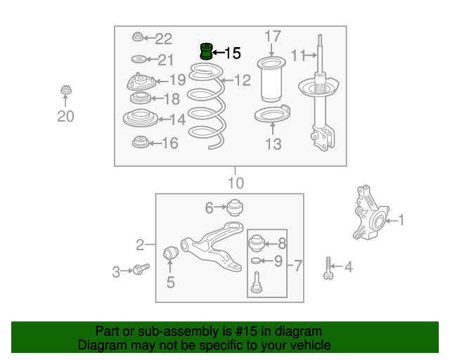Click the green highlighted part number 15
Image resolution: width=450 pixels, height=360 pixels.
[206, 51]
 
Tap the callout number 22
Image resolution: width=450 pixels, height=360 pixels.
[164, 39]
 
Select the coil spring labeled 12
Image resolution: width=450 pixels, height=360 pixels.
[207, 106]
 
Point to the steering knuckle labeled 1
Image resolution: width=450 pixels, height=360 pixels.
[371, 213]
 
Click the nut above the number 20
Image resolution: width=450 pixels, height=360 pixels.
[66, 90]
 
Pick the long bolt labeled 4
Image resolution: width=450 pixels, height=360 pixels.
[328, 268]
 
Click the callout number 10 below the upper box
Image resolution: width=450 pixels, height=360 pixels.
[236, 183]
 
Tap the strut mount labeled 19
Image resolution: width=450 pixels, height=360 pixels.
[141, 82]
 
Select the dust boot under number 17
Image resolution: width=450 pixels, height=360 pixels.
[271, 79]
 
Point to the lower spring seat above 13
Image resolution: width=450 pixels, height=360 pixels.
[272, 113]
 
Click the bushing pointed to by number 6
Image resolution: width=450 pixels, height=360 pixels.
[235, 207]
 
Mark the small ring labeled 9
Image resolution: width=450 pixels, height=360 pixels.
[255, 261]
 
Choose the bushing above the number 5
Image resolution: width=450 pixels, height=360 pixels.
[170, 252]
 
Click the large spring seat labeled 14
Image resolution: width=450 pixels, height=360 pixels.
[141, 117]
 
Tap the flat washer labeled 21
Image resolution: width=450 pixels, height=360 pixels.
[139, 60]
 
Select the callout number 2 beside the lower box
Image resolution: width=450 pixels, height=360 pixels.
[140, 245]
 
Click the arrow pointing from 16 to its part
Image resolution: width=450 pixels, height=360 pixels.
[155, 143]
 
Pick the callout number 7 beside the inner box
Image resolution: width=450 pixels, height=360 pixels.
[298, 266]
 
